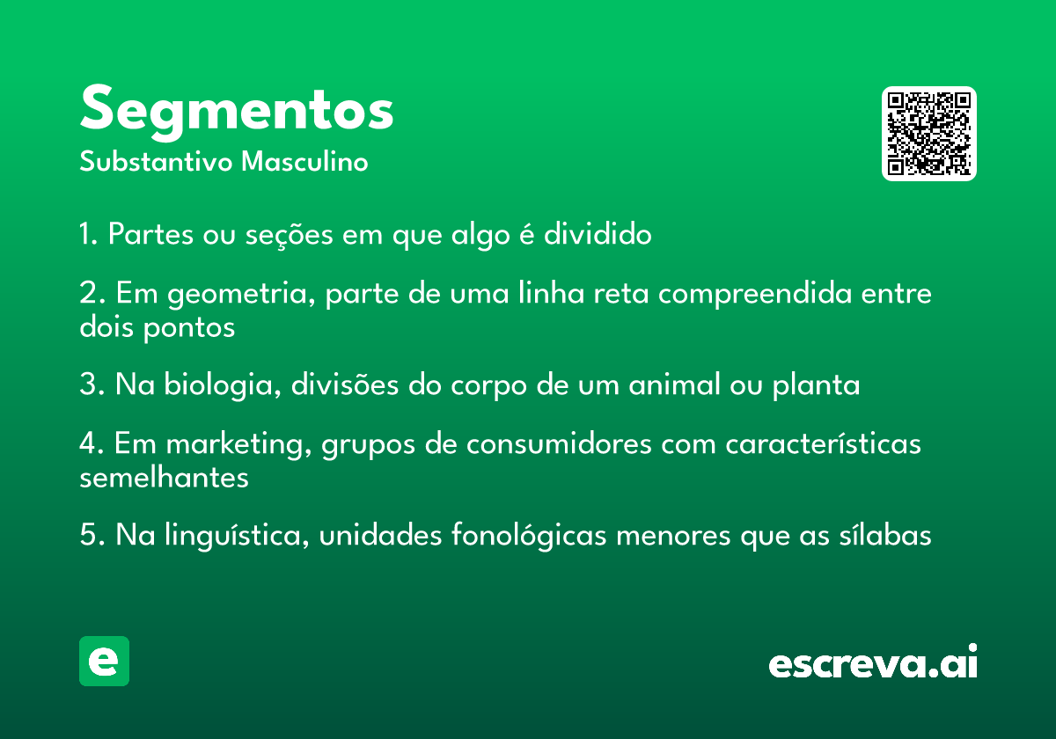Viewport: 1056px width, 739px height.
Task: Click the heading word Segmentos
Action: point(237,112)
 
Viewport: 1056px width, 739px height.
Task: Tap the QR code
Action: point(928,134)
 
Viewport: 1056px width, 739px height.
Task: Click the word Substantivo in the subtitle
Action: point(156,161)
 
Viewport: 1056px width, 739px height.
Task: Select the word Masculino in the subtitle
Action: point(304,161)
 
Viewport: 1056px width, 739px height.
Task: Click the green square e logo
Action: point(104,661)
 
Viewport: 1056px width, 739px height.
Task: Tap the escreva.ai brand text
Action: point(873,661)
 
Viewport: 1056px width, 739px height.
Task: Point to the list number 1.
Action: point(88,233)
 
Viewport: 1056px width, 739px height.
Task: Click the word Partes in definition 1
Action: point(150,233)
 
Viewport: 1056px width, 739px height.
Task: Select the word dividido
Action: point(598,233)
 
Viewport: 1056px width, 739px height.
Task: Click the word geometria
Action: point(241,294)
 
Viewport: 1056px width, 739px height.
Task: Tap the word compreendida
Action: point(755,294)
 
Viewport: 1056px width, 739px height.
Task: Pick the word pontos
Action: point(189,327)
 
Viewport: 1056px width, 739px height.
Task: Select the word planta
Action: point(816,385)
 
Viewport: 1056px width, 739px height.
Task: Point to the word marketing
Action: point(239,445)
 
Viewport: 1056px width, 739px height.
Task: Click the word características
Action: point(823,444)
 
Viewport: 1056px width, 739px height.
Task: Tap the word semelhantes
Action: point(164,478)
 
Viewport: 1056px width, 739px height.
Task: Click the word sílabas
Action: point(885,535)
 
